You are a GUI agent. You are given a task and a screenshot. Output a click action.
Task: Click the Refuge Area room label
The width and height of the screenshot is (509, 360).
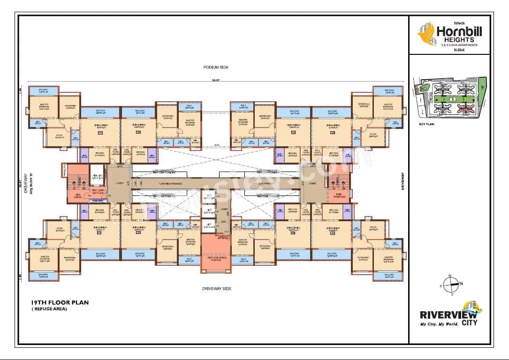point(216,257)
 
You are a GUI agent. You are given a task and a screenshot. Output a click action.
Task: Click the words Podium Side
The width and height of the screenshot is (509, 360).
point(216,67)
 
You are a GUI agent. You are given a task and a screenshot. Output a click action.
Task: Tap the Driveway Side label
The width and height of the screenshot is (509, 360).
point(216,289)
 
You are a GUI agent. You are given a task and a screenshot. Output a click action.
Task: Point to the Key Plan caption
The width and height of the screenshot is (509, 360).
point(427,125)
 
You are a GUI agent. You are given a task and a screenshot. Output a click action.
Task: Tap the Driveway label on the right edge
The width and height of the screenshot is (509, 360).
point(402,180)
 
